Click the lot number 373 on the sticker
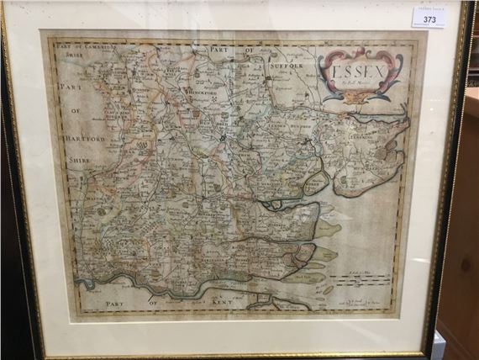tap(429, 19)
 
